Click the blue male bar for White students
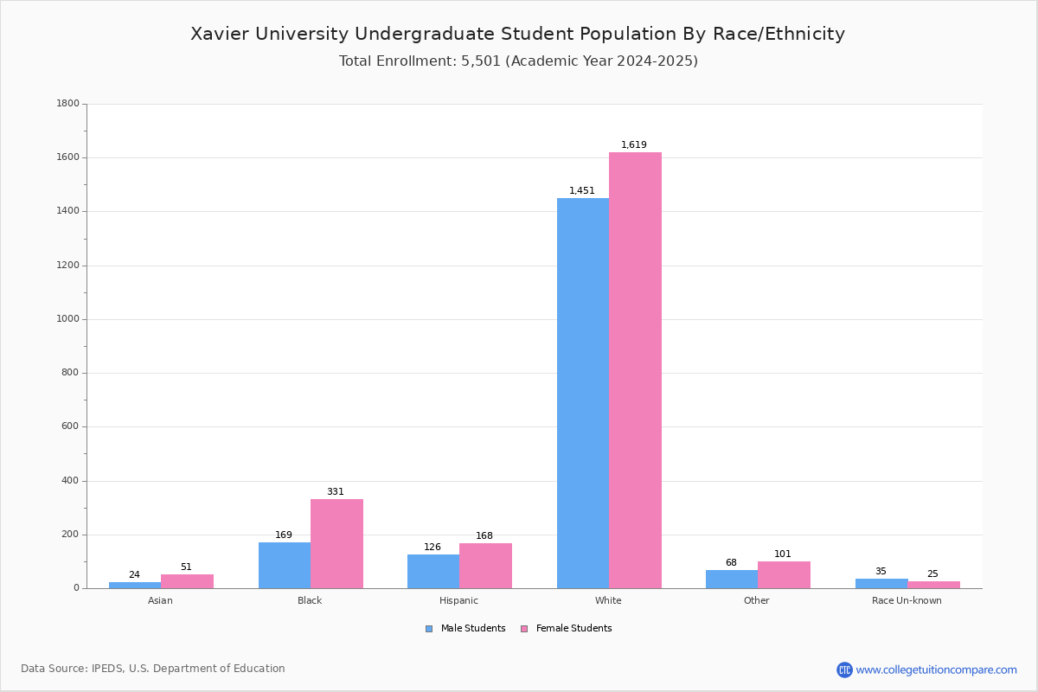pos(582,393)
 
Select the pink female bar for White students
pos(635,370)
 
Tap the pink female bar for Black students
pos(336,543)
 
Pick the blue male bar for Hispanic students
pos(433,571)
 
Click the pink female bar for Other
pos(784,574)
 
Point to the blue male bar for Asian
pos(135,585)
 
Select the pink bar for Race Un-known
pos(933,585)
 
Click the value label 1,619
pos(633,145)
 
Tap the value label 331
pos(335,492)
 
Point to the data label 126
pos(432,548)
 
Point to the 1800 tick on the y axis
pos(67,104)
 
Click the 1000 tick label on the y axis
pos(67,319)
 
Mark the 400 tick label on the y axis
pos(70,481)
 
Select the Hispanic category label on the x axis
pos(458,600)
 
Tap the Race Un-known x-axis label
pos(907,600)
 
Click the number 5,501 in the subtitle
pos(481,61)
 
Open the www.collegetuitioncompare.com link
pos(936,670)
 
